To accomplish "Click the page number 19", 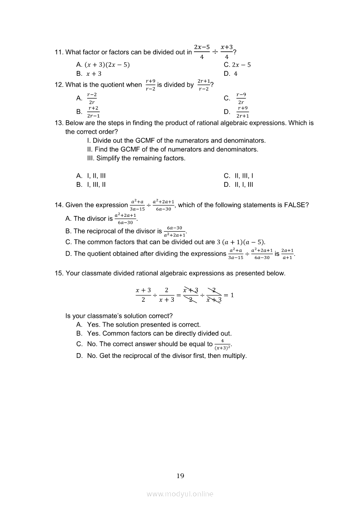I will [x=180, y=476].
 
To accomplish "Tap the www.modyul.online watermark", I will [x=180, y=494].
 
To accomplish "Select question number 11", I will [x=59, y=52].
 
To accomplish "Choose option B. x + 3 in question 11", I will [x=89, y=74].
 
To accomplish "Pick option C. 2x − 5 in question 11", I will [x=237, y=65].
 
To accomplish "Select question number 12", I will [x=59, y=85].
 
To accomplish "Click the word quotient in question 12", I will [x=111, y=85].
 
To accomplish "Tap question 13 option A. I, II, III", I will [x=91, y=176].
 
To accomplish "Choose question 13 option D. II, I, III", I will [x=238, y=185].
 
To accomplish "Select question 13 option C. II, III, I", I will [x=238, y=176].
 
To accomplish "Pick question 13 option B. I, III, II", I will [x=91, y=185].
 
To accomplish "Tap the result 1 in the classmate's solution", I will [x=232, y=295].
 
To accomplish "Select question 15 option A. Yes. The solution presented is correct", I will [x=138, y=324].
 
